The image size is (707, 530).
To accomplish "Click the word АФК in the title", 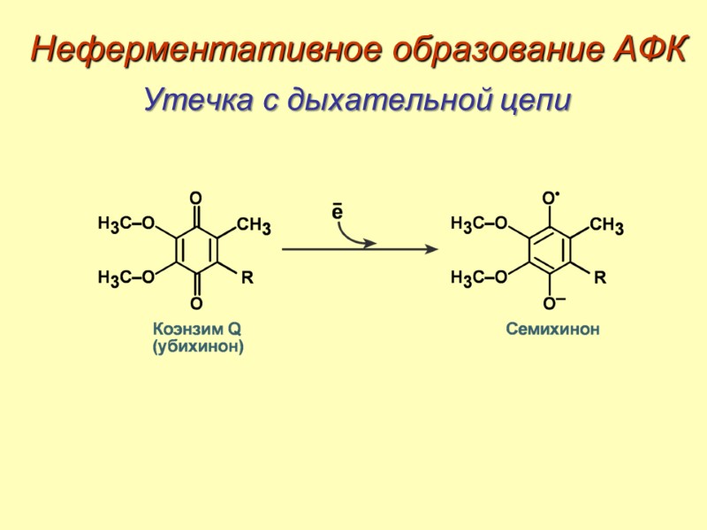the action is (647, 49).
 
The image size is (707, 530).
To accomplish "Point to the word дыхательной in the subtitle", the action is (376, 99).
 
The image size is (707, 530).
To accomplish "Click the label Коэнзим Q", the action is (197, 329).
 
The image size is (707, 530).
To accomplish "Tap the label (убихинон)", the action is (197, 347).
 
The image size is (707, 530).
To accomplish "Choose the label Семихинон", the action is (552, 329).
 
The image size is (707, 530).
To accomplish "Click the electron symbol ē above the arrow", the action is (337, 213).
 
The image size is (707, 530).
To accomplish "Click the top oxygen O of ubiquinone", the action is (196, 197).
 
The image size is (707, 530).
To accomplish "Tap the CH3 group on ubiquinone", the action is (254, 226).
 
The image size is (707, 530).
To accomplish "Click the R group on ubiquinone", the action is (247, 278).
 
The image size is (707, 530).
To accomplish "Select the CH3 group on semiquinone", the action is (607, 226).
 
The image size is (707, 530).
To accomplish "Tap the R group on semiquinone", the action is (601, 278).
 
